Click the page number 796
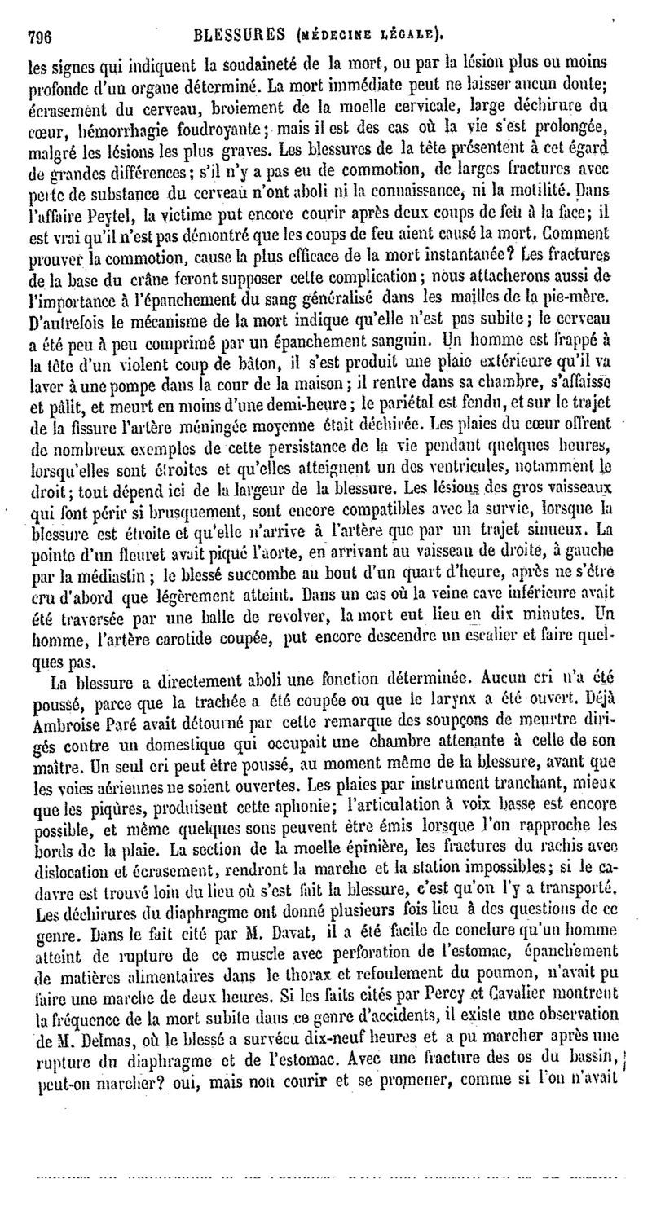click(40, 35)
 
